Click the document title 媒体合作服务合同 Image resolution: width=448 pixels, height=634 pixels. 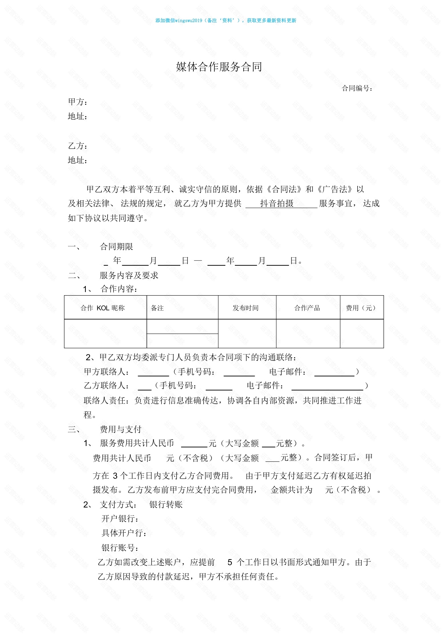coord(219,67)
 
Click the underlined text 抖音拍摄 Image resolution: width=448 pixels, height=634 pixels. coord(277,203)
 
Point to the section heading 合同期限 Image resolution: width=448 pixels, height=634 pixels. coord(116,247)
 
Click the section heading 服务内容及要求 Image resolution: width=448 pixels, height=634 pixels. coord(129,276)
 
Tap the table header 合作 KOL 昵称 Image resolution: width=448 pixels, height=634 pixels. coord(103,308)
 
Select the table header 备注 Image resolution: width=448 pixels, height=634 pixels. coord(157,308)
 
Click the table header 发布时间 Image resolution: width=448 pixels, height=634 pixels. coord(245,308)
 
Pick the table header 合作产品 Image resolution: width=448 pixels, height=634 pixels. coord(307,308)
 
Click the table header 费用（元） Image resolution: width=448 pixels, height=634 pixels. coord(361,308)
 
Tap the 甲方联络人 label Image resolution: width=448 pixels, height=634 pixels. coord(107,372)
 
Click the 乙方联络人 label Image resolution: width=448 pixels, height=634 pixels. coord(107,386)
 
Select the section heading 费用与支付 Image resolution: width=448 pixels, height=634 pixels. coord(121,429)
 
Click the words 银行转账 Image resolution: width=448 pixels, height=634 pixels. coord(166,505)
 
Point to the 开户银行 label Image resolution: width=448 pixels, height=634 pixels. coord(120,519)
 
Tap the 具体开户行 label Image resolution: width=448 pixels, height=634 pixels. coord(124,533)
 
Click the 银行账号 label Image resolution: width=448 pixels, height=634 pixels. coord(120,548)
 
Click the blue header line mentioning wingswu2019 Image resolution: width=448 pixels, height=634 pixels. coord(226,21)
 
